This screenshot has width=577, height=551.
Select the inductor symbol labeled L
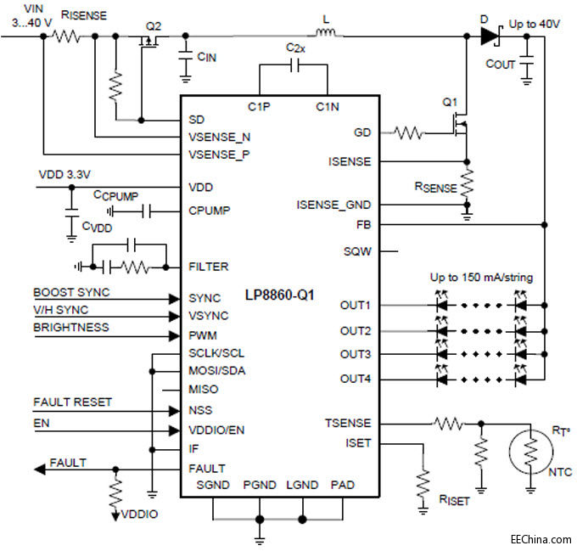tap(327, 35)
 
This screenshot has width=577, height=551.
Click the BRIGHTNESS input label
tap(72, 327)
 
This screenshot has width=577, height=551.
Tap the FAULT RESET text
tap(72, 402)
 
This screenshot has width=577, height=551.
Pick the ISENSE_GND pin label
tap(335, 205)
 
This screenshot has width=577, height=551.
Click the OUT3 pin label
tap(356, 354)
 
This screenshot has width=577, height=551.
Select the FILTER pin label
tap(208, 267)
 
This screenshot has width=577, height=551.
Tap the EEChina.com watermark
tap(541, 539)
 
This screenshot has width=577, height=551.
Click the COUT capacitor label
tap(501, 65)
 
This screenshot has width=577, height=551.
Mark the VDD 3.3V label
tap(64, 174)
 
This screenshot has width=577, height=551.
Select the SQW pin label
tap(357, 251)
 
